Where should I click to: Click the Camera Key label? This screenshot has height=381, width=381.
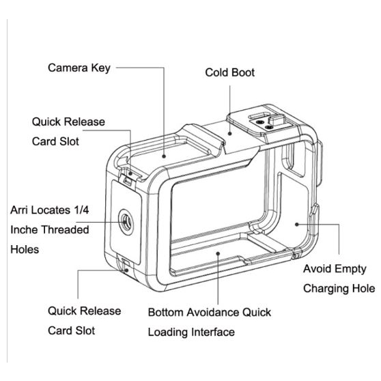[79, 68]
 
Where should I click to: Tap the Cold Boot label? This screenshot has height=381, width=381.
[229, 72]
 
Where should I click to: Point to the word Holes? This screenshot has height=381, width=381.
[25, 249]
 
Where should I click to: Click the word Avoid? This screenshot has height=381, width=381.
[317, 269]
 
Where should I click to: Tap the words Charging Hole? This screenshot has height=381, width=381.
[339, 289]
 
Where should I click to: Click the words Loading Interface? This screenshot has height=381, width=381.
[191, 332]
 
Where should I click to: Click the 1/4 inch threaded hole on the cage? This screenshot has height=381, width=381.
[126, 222]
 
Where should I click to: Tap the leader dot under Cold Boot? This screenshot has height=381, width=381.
[229, 133]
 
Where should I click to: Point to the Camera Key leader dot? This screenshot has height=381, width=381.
[164, 156]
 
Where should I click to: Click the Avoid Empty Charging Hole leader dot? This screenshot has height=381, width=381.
[297, 224]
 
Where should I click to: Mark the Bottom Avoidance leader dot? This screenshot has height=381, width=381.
[218, 253]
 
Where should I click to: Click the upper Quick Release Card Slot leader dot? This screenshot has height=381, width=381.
[130, 173]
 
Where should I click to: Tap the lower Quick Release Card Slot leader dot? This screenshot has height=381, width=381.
[126, 270]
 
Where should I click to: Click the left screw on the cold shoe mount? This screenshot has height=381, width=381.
[261, 122]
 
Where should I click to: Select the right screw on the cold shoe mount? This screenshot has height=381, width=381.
[268, 127]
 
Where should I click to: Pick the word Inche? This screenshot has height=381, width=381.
[25, 229]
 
